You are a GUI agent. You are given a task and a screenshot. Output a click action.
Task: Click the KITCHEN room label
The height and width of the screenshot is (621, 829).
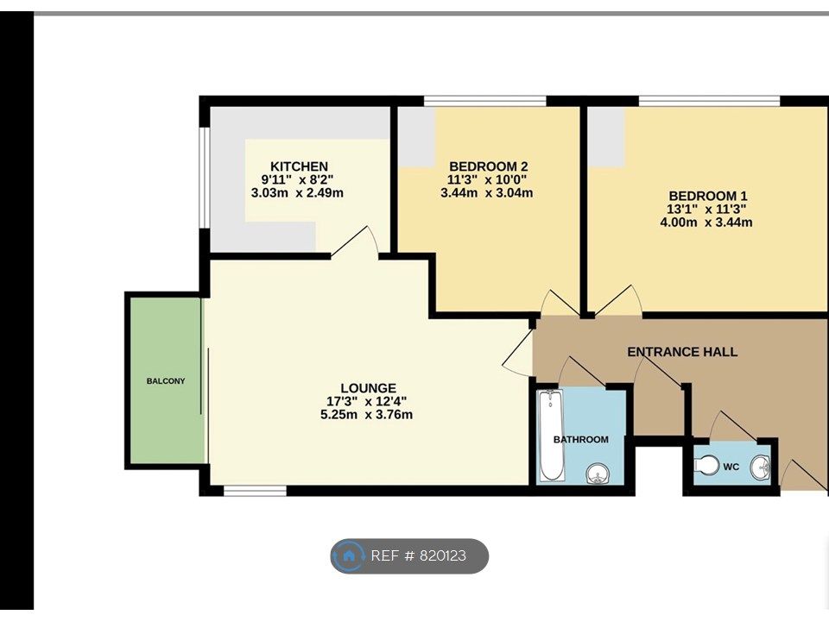pos(299,166)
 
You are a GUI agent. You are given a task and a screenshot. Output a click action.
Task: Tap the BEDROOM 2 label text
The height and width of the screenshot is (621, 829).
pos(488,166)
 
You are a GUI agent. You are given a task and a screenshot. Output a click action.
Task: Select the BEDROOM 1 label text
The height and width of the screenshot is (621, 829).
pos(706,196)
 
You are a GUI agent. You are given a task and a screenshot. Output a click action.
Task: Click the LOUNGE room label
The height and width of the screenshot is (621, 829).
pos(367,388)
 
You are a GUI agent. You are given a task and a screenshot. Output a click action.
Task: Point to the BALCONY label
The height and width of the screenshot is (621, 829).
pos(165,380)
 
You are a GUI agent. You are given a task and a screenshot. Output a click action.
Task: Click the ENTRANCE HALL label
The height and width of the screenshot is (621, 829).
pos(681,352)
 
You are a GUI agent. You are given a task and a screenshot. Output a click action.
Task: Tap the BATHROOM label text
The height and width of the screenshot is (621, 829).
pos(580,439)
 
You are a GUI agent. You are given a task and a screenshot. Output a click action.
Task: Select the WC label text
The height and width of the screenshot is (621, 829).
pos(731,467)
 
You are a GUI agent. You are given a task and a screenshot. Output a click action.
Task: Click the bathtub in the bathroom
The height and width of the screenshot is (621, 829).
pos(550,436)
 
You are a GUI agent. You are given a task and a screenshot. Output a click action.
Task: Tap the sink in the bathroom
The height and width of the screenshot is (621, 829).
pos(597,473)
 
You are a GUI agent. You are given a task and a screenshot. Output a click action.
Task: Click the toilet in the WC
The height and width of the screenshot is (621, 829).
pos(706,466)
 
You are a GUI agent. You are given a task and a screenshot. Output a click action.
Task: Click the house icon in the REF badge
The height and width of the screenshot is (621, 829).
pos(349,556)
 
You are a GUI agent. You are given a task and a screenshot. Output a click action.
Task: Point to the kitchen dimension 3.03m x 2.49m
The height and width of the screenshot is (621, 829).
pos(297,192)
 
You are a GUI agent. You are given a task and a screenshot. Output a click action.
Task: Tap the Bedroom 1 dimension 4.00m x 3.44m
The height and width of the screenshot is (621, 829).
pos(706,223)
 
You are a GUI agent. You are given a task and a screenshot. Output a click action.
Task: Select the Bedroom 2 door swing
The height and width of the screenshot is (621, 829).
pos(557,302)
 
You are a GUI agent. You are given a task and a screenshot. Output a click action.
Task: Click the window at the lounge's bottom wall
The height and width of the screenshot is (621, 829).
pos(255,491)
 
